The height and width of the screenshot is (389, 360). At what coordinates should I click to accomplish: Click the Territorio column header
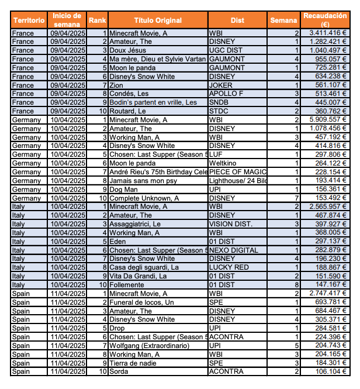[29, 20]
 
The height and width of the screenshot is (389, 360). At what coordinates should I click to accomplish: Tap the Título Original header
[158, 20]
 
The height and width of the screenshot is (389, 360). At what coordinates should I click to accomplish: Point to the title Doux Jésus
[128, 51]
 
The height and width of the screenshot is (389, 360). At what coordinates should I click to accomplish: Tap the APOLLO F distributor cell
[225, 94]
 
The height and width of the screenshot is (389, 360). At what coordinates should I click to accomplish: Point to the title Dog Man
[124, 189]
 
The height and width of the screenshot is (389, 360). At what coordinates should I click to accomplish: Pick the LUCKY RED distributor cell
[228, 267]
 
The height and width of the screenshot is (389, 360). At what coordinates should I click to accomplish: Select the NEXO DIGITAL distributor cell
[233, 250]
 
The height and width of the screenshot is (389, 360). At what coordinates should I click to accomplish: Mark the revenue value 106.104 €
[331, 371]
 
